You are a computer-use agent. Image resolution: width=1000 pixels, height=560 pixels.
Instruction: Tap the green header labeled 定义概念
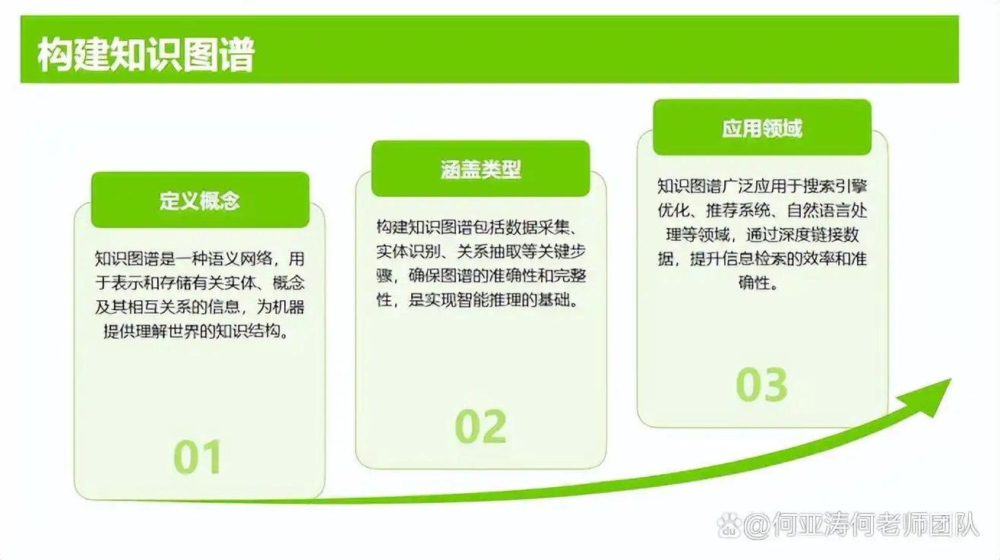[200, 201]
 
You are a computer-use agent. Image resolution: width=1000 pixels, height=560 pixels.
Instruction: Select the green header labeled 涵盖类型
[480, 169]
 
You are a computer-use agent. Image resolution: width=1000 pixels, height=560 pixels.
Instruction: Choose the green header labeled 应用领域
[761, 128]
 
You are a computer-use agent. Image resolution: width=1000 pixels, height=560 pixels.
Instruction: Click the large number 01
[198, 457]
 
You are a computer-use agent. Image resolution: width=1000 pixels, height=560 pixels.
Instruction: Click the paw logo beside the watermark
[729, 524]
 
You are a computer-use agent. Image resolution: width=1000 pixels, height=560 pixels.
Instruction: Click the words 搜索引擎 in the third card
[837, 186]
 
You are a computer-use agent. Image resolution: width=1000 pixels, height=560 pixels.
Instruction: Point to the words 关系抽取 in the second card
[489, 252]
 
